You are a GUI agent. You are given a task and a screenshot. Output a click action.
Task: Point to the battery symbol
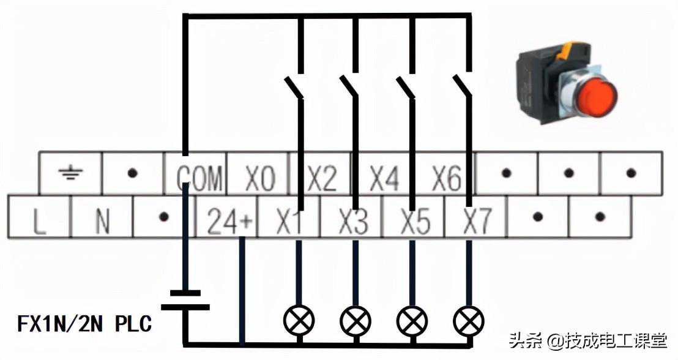(x=185, y=300)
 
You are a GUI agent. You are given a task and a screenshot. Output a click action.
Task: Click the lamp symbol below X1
(x=299, y=320)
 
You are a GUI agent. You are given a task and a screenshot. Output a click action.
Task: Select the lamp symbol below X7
(x=469, y=320)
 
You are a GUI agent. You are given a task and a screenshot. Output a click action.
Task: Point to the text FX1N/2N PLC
(x=84, y=324)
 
